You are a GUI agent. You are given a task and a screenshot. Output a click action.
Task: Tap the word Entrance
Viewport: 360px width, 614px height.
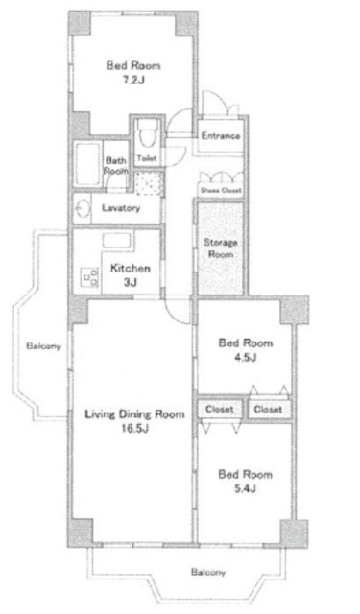221,136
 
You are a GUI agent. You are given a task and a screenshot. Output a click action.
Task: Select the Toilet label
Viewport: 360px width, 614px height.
147,158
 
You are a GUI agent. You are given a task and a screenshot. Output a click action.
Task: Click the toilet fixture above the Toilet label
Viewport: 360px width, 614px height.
147,132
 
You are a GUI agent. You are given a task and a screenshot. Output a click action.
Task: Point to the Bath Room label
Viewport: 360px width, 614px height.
116,165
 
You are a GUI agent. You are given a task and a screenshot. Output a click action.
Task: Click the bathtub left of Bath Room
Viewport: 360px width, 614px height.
88,167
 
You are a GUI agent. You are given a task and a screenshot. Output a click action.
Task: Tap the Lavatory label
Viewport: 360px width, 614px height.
122,207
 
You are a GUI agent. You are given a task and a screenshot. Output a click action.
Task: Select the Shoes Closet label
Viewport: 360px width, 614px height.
219,190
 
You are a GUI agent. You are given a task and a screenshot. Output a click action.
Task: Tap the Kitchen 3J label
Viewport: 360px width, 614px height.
129,275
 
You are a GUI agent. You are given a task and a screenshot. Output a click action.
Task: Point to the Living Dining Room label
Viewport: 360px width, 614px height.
133,414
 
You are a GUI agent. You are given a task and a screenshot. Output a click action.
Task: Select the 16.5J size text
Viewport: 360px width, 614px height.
133,429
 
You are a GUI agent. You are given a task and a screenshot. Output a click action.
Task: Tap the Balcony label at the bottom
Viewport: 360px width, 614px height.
207,572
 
